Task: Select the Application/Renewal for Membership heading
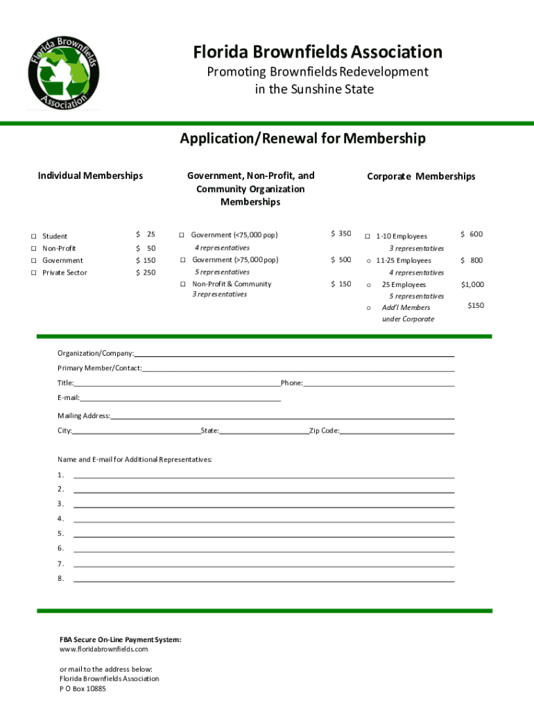click(x=302, y=139)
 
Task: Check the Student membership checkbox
click(x=33, y=236)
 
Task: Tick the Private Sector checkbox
click(x=33, y=273)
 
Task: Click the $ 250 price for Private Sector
click(x=146, y=272)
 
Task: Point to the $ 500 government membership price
click(x=341, y=260)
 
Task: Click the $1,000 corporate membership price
click(x=472, y=284)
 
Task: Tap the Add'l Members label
click(x=406, y=307)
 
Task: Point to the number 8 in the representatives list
click(x=61, y=578)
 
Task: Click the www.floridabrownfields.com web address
click(x=104, y=650)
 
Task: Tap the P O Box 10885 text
click(x=83, y=689)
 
